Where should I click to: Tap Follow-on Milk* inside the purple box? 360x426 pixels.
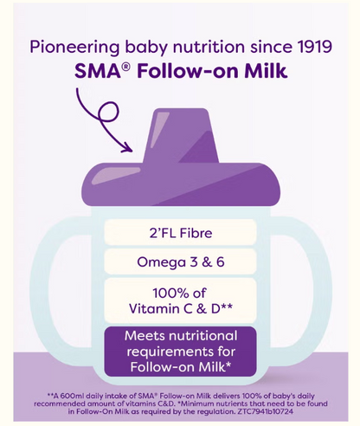point(180,366)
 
